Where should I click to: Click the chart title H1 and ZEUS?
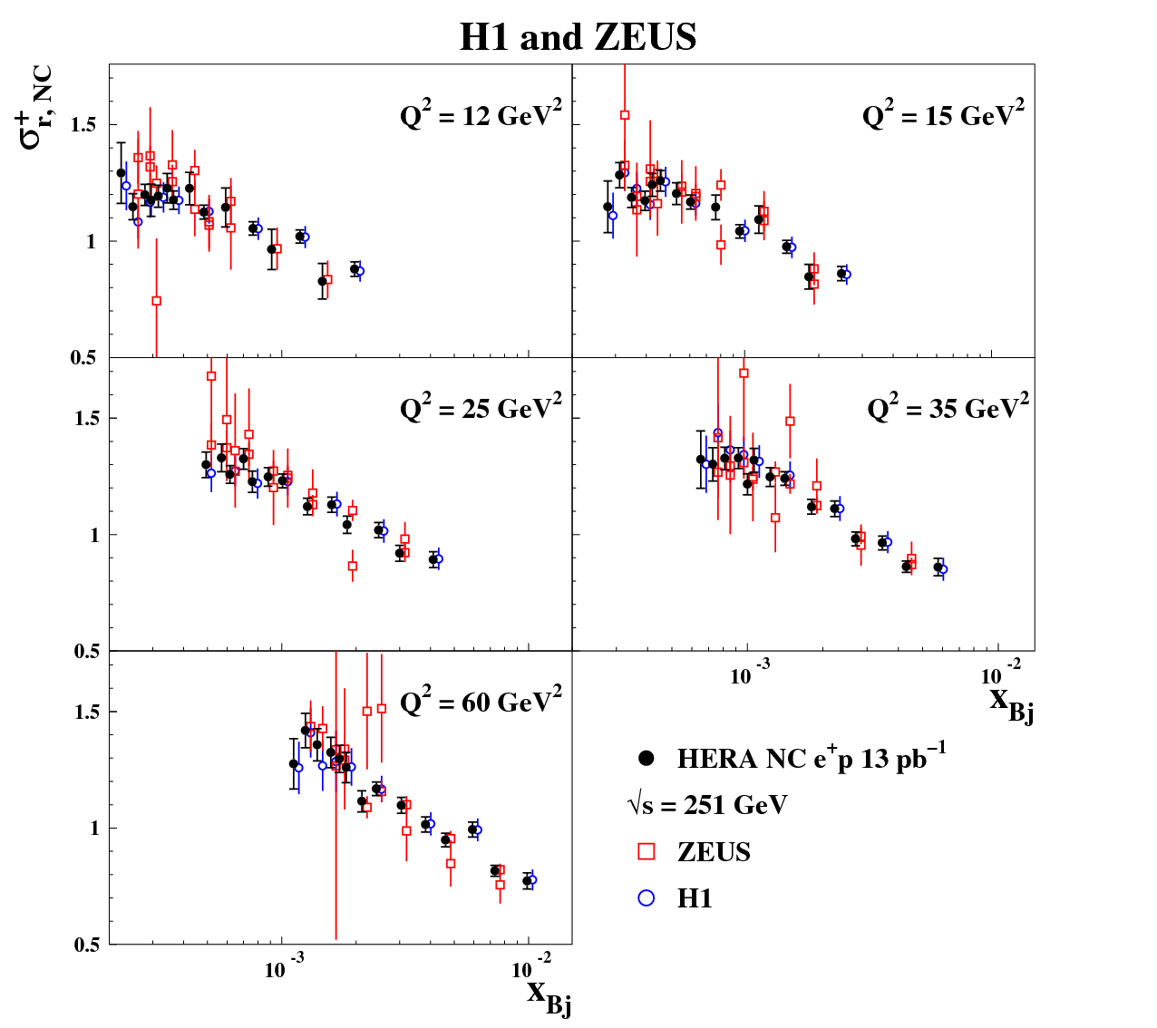click(578, 37)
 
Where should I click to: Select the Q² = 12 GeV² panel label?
click(481, 116)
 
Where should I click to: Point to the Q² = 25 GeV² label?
click(481, 409)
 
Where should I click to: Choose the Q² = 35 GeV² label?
click(948, 409)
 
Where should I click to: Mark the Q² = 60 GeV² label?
click(481, 702)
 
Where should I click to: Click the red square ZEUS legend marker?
click(647, 851)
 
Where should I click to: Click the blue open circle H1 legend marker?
click(647, 897)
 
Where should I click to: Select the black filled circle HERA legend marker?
click(647, 758)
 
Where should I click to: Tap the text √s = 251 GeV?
click(707, 805)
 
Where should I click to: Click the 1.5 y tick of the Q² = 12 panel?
click(84, 125)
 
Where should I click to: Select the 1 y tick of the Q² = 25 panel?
click(92, 535)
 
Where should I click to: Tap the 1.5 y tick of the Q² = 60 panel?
click(84, 712)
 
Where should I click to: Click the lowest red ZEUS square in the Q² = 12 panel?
click(156, 301)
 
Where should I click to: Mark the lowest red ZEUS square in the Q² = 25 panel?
click(353, 566)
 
